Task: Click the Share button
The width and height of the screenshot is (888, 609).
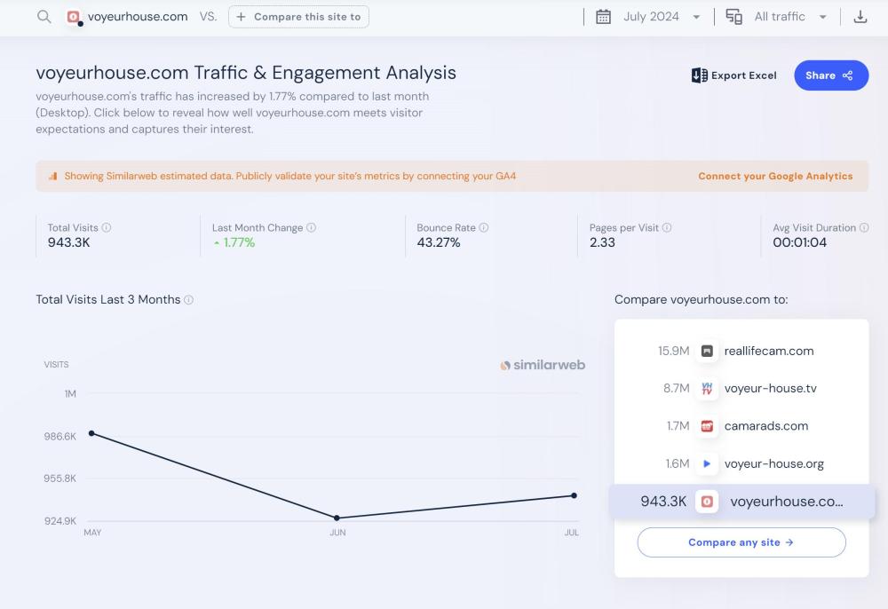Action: point(830,75)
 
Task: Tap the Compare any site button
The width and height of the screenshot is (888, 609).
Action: point(741,542)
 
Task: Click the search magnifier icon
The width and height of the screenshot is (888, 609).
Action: point(44,17)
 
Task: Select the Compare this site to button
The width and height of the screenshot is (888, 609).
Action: point(298,17)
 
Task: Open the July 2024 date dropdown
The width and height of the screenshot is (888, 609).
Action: point(649,17)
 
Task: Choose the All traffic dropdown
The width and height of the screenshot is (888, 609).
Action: point(778,17)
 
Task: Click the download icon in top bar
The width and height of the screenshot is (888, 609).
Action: point(860,17)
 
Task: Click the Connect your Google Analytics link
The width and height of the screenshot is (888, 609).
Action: point(775,176)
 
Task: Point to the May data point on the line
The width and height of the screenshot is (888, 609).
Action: point(91,433)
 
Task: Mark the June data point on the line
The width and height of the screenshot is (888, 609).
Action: point(337,518)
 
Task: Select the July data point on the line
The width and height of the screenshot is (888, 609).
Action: point(574,495)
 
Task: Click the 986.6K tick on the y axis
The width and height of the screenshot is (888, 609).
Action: point(60,437)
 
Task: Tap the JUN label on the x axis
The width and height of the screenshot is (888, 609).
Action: point(337,533)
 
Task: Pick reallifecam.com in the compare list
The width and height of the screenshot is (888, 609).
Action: point(768,351)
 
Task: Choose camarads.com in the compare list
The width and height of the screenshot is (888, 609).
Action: point(765,426)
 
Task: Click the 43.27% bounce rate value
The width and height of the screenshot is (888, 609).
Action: point(439,242)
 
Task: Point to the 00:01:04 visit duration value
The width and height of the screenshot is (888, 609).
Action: point(799,242)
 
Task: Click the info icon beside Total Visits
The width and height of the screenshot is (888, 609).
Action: point(107,228)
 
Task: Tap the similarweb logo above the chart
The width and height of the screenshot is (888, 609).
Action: point(543,365)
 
